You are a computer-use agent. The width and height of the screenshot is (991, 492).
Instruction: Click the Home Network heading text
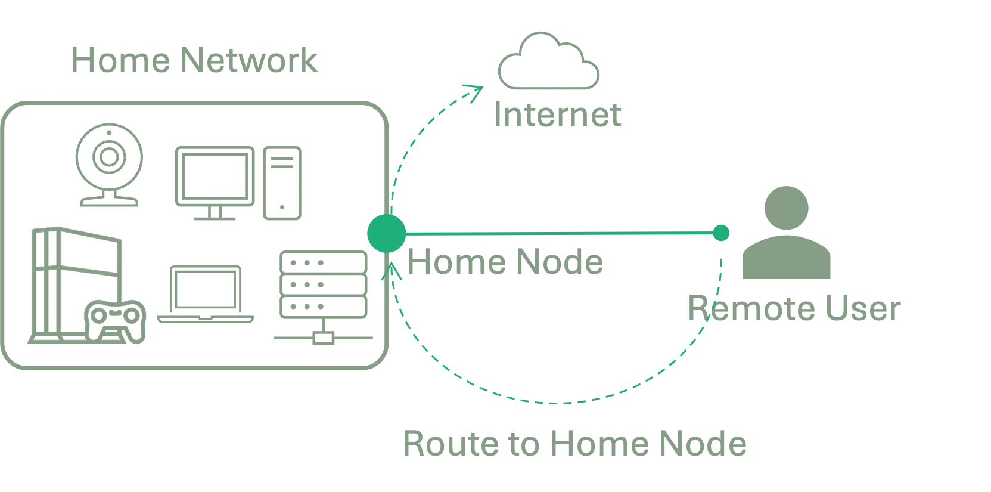click(x=194, y=62)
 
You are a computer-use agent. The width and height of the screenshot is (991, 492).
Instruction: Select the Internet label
click(x=559, y=115)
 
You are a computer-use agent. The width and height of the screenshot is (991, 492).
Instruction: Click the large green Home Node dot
click(x=387, y=233)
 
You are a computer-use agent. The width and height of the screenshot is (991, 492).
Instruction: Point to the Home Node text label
click(x=504, y=263)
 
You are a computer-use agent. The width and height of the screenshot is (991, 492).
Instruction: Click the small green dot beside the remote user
click(x=721, y=233)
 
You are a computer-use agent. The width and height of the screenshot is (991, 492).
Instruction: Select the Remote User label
click(x=791, y=310)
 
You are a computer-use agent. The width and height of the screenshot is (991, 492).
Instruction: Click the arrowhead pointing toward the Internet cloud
click(x=477, y=91)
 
